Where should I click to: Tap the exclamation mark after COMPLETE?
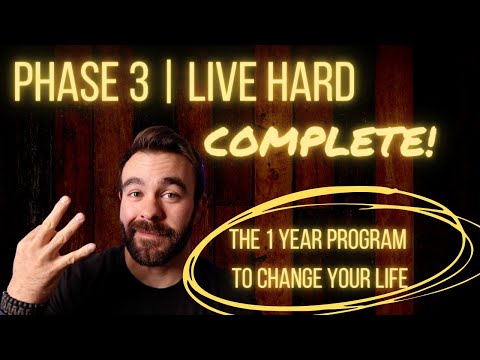tap(428, 141)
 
